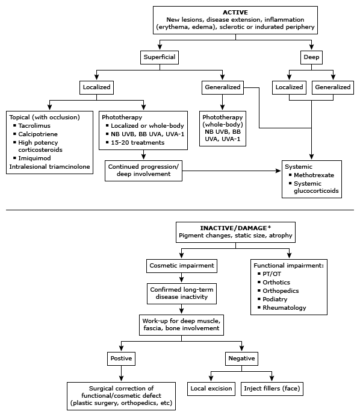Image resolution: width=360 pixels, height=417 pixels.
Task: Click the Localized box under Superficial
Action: point(97,87)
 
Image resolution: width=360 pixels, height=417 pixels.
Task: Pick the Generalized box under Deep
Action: point(332,87)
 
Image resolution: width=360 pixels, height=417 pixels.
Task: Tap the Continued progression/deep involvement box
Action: point(143,171)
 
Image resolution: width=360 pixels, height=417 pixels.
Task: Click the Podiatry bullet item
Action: point(276,299)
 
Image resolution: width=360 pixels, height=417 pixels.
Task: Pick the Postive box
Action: point(122,358)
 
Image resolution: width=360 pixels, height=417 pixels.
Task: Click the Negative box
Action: point(241,358)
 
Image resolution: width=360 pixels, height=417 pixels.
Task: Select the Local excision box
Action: point(211,389)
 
